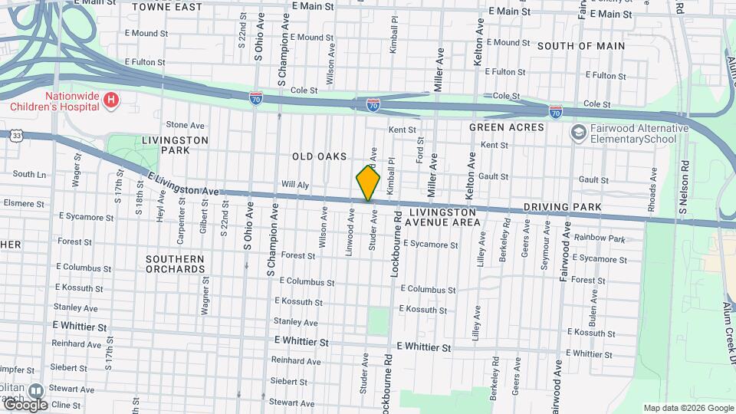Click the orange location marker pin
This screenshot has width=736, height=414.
[x=368, y=182]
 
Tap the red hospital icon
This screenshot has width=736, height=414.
[x=111, y=99]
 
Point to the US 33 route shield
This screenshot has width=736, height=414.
[x=16, y=135]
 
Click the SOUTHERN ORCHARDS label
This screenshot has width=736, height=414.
[x=176, y=264]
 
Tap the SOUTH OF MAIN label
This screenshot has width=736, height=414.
[x=580, y=46]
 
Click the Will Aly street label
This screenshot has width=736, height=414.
[x=294, y=185]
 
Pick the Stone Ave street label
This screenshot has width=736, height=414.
[x=186, y=125]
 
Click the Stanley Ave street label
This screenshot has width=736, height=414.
[x=295, y=322]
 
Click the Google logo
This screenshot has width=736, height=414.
[x=25, y=405]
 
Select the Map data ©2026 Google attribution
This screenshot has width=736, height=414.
[x=688, y=408]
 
